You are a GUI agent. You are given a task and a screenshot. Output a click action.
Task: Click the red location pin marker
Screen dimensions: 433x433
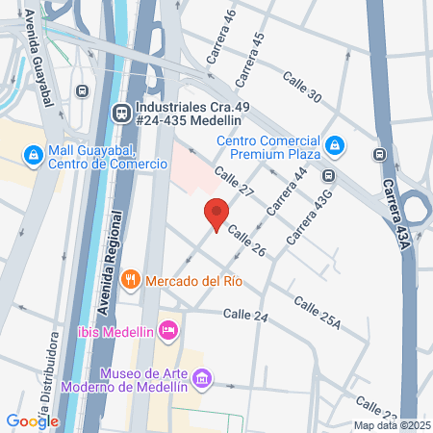pos(216,214)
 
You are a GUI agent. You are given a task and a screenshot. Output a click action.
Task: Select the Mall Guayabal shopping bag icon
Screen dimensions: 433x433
pos(33,154)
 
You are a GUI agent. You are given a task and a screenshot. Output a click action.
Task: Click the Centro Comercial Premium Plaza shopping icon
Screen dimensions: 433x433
pos(334,145)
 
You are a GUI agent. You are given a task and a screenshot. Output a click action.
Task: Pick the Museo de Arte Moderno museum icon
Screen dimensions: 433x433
pos(203,379)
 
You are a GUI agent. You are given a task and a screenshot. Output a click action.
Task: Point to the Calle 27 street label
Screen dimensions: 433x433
pos(234,182)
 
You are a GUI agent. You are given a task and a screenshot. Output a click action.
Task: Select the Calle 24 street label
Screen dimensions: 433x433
pos(244,315)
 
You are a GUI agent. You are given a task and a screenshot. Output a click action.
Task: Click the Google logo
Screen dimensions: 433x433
pos(32,420)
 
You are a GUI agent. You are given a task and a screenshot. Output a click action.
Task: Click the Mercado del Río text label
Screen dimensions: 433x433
pos(192,281)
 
